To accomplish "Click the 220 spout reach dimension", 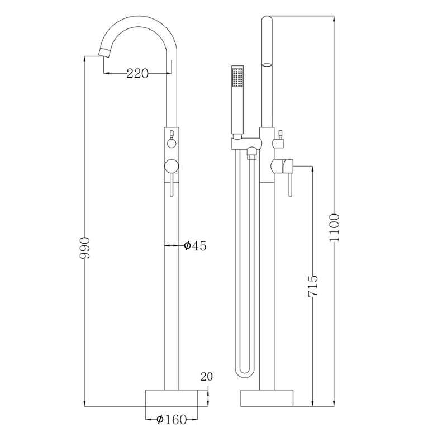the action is coord(137,74).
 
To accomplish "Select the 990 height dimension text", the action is coord(85,247).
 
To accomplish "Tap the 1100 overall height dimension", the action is coord(334,227).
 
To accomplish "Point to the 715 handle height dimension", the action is coord(313,286).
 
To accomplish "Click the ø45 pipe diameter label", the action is coord(195,245).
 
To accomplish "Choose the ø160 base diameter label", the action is coord(172,419).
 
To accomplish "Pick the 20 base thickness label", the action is coord(207,376).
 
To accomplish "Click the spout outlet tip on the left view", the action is coord(104,53).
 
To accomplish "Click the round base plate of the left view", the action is coord(172,398).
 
